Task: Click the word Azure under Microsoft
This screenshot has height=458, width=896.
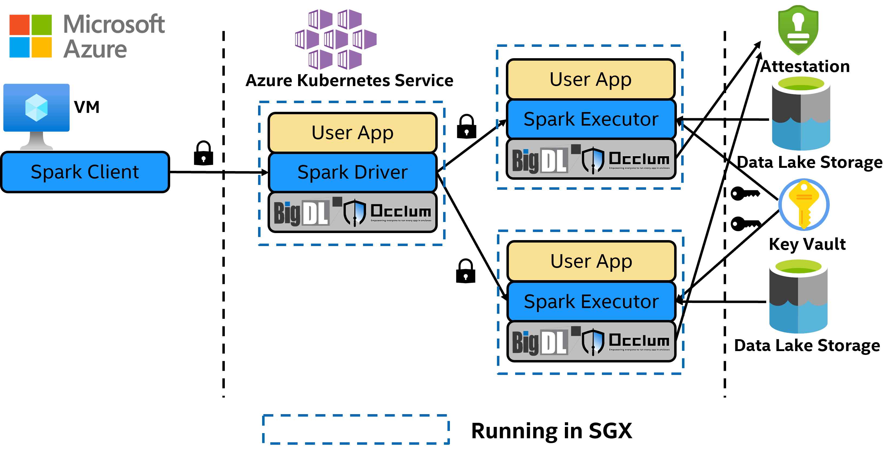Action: [95, 49]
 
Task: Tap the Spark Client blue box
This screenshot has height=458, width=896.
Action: [85, 172]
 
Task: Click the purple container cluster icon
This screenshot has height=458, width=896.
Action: [336, 39]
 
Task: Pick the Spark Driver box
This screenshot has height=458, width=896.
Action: [352, 172]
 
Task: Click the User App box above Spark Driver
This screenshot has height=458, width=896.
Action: [352, 133]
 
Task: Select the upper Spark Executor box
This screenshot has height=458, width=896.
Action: [591, 119]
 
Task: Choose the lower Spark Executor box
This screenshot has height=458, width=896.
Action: [591, 301]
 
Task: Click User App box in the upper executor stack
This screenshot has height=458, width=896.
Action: [591, 79]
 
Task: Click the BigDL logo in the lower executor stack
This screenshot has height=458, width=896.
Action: [540, 342]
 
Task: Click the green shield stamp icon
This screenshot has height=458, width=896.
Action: [798, 30]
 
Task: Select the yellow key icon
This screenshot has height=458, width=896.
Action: [803, 205]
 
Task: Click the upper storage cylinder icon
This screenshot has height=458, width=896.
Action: [801, 112]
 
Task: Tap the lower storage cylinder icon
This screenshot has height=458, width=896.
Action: [798, 295]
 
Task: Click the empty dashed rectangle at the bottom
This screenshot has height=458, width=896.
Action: [356, 429]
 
